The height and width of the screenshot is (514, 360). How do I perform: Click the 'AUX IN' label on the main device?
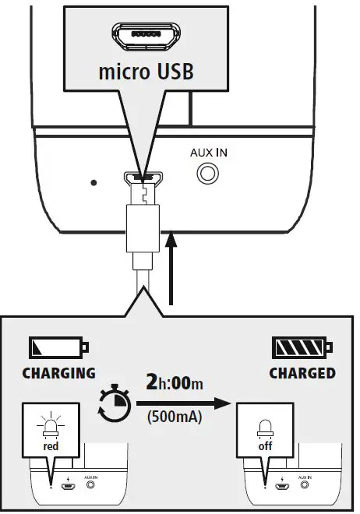209,153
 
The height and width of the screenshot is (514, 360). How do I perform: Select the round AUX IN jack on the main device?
207,174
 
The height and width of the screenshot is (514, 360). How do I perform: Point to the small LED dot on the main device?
94,184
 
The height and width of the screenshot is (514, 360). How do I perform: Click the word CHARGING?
59,373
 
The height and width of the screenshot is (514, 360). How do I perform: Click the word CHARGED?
302,373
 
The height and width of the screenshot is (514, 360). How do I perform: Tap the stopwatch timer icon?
115,405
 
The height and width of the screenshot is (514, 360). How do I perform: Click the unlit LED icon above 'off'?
266,428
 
